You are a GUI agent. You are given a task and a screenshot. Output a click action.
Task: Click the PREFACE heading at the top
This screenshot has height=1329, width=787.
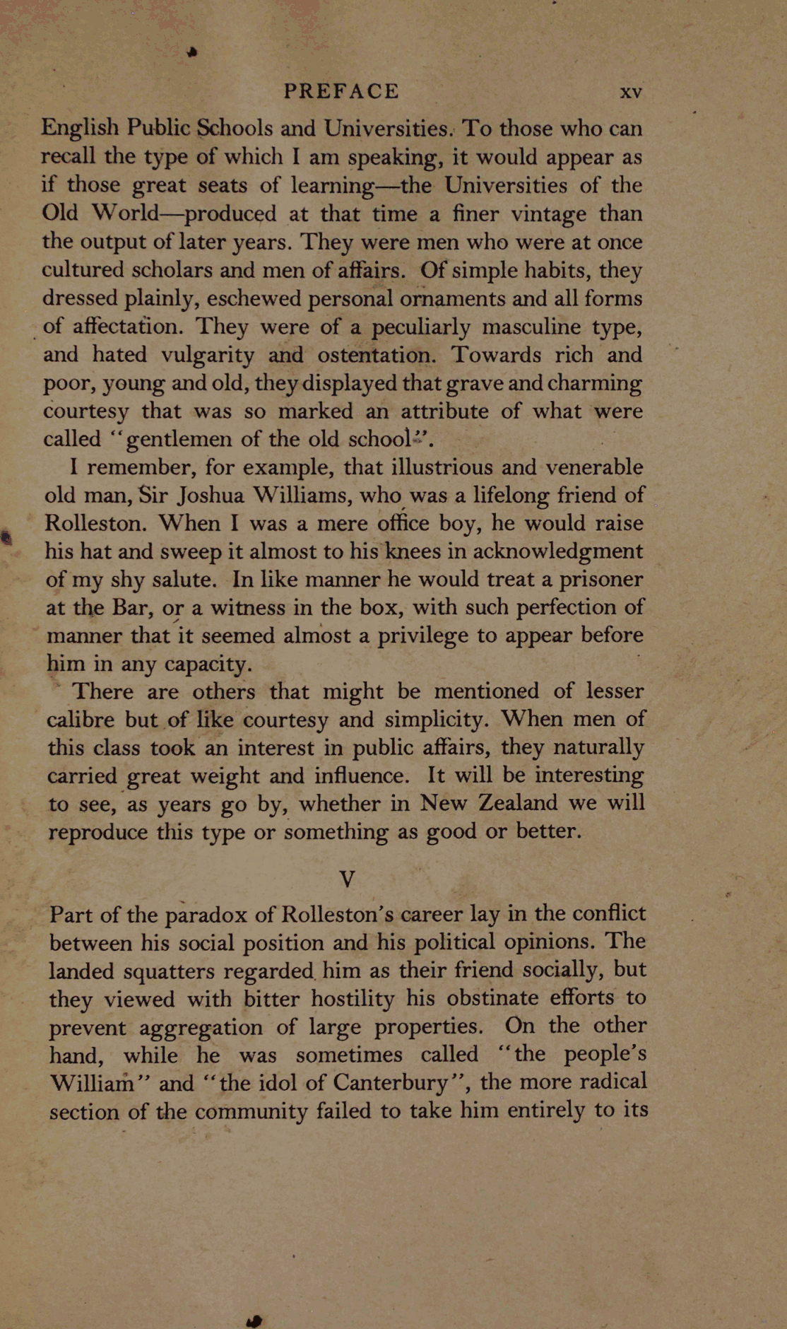(x=341, y=91)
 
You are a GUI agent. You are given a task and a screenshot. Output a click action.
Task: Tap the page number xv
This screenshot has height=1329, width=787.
(x=630, y=93)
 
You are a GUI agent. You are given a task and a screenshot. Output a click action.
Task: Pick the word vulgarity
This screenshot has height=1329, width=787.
(x=208, y=355)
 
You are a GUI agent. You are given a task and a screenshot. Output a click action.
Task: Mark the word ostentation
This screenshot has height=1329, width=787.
(x=377, y=355)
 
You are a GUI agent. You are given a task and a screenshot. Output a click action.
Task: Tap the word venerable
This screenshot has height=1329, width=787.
(x=585, y=467)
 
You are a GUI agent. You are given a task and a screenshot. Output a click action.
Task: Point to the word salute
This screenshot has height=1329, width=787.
(x=176, y=580)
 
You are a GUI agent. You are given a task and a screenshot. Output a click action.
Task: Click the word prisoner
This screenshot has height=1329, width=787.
(x=600, y=580)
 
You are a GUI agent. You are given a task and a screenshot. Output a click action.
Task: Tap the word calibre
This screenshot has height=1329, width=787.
(x=81, y=720)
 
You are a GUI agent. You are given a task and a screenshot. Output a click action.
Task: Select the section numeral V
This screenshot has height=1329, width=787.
(x=347, y=879)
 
